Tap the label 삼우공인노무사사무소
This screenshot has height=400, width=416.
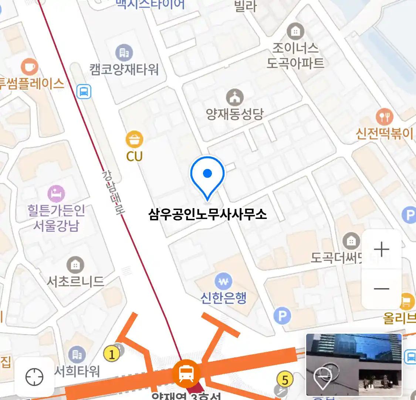pyautogui.click(x=207, y=214)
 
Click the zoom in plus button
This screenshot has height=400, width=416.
pyautogui.click(x=382, y=249)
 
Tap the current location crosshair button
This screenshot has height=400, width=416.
pyautogui.click(x=34, y=377)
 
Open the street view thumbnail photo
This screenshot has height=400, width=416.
pyautogui.click(x=354, y=364)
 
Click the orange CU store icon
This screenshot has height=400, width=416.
pyautogui.click(x=134, y=140)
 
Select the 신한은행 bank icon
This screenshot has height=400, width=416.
pyautogui.click(x=223, y=282)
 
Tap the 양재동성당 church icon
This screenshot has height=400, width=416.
pyautogui.click(x=235, y=97)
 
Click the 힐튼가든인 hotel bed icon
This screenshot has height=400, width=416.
pyautogui.click(x=56, y=194)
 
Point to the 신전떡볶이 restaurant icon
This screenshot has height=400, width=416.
pyautogui.click(x=385, y=117)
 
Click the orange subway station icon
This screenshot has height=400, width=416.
pyautogui.click(x=186, y=373)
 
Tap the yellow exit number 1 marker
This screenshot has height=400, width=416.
pyautogui.click(x=112, y=354)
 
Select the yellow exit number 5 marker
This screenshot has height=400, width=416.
pyautogui.click(x=285, y=380)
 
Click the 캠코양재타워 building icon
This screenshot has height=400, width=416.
pyautogui.click(x=124, y=53)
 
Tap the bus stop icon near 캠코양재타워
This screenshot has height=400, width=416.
pyautogui.click(x=84, y=91)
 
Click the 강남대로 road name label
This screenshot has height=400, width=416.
pyautogui.click(x=113, y=193)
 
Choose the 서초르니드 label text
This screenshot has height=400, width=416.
pyautogui.click(x=75, y=282)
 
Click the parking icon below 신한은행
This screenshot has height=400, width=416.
pyautogui.click(x=283, y=316)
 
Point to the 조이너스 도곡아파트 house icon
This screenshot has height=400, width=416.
pyautogui.click(x=295, y=32)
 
